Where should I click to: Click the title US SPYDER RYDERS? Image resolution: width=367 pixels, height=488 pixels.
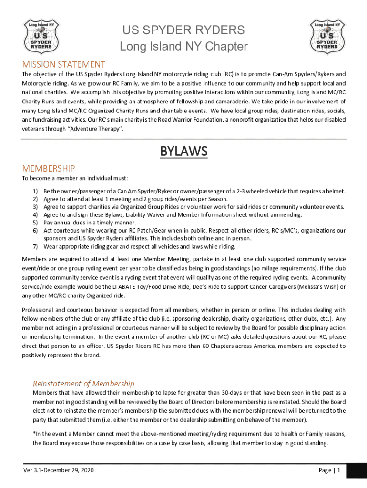pos(183,30)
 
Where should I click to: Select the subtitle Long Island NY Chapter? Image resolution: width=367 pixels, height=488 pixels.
pos(183,47)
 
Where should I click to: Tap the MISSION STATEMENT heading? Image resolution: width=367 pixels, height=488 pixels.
pos(64,64)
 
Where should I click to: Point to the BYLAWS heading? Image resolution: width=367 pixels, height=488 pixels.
pos(183,152)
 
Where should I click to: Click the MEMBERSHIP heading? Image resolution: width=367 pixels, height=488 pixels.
pos(49,168)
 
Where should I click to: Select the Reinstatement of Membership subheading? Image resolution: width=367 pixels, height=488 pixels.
pos(83,383)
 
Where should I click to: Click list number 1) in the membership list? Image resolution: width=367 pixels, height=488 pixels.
pos(35,191)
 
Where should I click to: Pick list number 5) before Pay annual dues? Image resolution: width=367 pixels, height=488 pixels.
pos(35,223)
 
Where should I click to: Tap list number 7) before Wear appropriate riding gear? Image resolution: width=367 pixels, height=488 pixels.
pos(35,247)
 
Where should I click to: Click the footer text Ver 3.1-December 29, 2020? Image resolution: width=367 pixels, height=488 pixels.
pos(59,470)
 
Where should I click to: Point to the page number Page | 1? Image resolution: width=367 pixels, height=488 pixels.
pos(329,470)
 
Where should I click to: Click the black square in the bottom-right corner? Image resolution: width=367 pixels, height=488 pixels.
pos(357,472)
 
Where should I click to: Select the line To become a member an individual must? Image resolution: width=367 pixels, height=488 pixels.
pos(75,179)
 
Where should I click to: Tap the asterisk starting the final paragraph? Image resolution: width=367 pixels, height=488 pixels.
pos(34,433)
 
